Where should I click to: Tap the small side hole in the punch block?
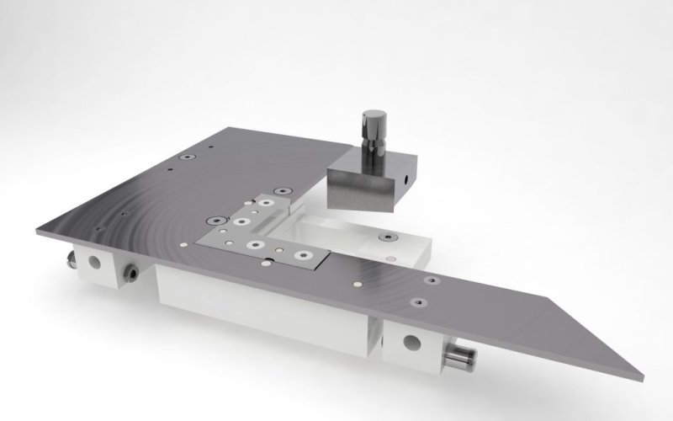tap(406, 179)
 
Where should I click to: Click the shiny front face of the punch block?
tap(359, 189)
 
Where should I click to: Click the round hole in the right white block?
tap(411, 342)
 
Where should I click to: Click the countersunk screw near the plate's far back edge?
tap(183, 157)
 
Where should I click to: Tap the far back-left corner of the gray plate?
tap(229, 128)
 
